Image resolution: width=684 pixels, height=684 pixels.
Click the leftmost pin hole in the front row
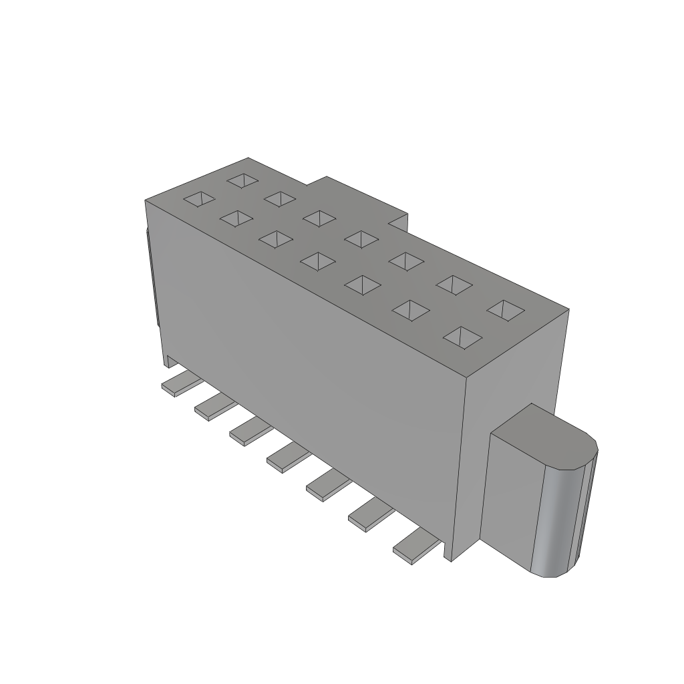coord(200,198)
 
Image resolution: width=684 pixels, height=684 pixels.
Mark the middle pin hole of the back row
coord(363,238)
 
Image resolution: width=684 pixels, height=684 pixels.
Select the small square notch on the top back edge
coord(398,221)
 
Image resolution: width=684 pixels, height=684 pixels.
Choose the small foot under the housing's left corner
coord(171,361)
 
